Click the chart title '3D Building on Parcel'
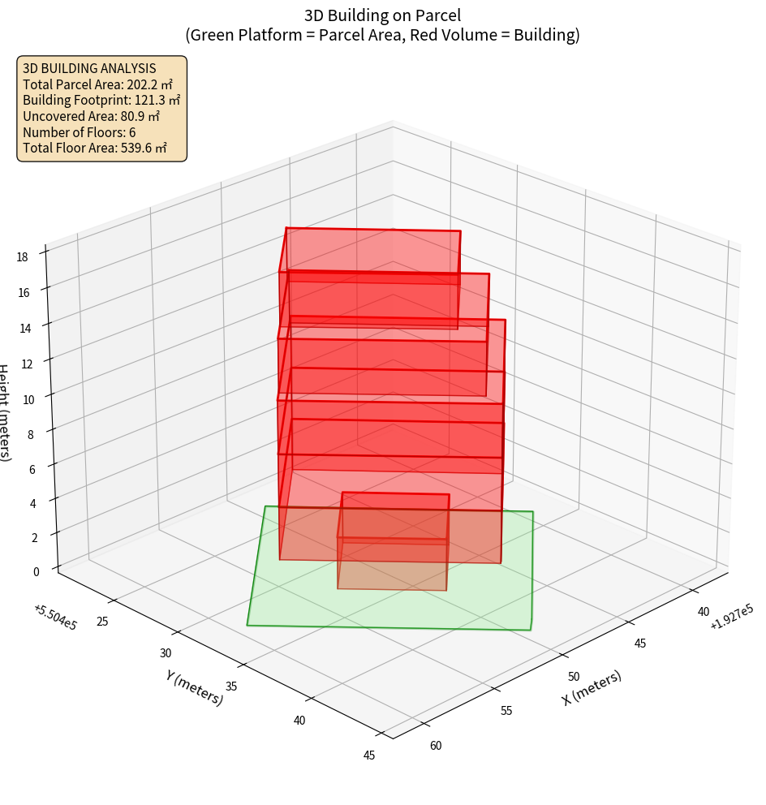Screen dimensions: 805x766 (x=382, y=15)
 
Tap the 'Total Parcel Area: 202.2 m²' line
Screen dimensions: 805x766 (x=97, y=84)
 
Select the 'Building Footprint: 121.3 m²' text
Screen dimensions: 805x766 (x=101, y=100)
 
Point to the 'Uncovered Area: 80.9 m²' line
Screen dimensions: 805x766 (x=97, y=116)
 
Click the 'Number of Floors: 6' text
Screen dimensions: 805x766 (x=80, y=131)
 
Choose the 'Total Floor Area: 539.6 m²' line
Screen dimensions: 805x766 (x=95, y=148)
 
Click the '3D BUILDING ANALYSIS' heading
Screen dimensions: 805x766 (x=89, y=69)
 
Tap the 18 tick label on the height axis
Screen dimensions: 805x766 (x=21, y=257)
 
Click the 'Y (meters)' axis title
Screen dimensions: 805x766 (x=194, y=687)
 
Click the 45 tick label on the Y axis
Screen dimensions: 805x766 (x=369, y=755)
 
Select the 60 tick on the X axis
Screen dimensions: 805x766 (x=435, y=746)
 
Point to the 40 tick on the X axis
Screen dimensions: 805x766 (x=703, y=612)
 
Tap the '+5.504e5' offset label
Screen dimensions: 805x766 (x=55, y=617)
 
